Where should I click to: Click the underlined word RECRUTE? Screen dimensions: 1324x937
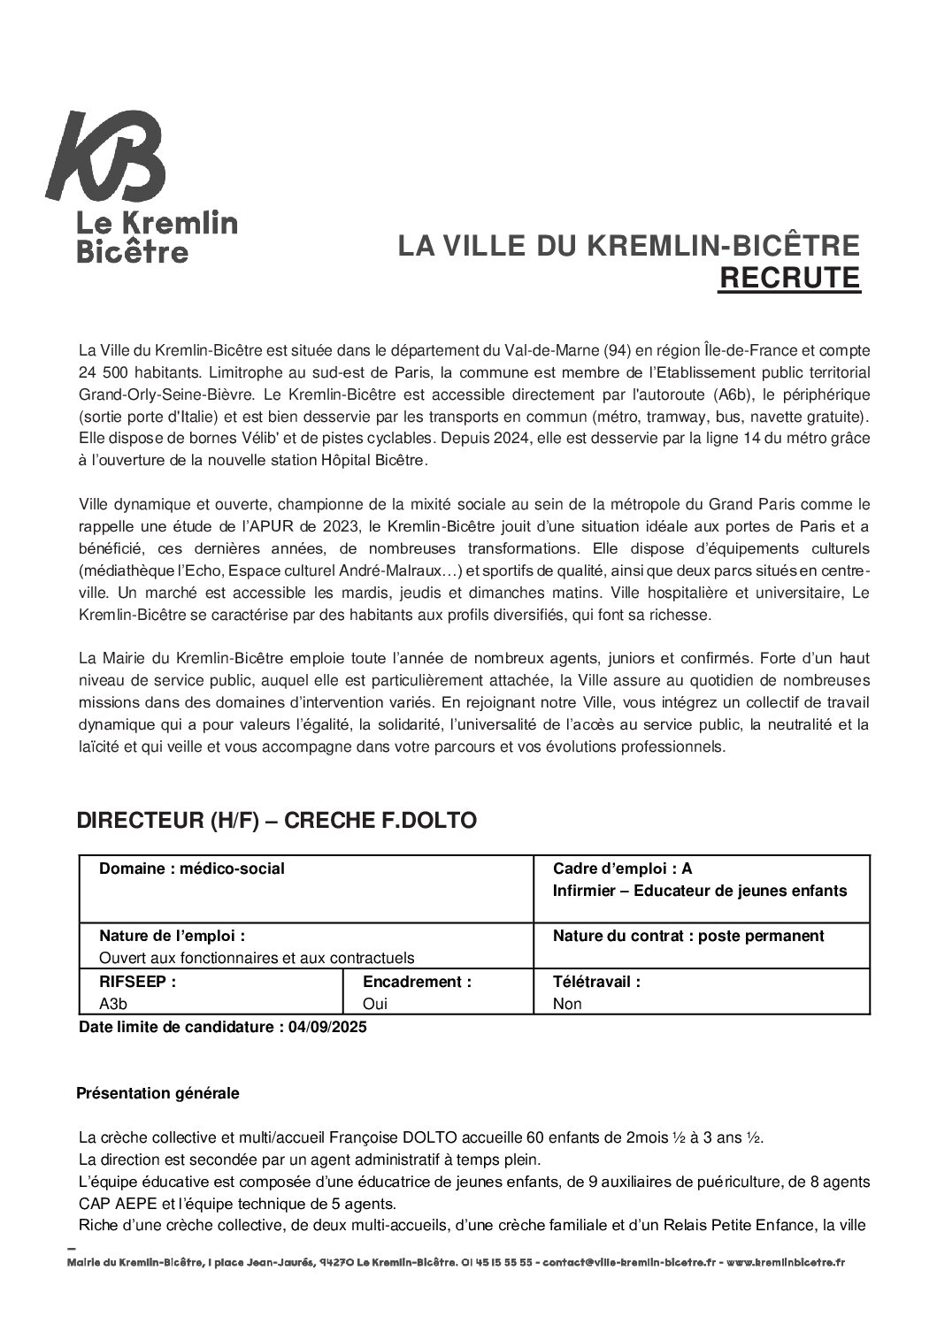789,278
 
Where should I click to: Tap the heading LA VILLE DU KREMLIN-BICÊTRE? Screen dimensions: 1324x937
628,245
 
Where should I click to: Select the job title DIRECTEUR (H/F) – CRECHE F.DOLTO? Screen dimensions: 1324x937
277,820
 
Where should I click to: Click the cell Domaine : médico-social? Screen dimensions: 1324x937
192,869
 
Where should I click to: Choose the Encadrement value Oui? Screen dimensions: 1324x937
375,1004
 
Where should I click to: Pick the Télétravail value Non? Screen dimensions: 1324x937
567,1004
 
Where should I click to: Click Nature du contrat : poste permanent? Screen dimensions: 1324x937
688,936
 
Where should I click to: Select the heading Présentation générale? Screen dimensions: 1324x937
157,1093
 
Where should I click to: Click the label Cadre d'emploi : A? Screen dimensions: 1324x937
622,869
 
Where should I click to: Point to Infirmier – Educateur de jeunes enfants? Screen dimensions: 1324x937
699,891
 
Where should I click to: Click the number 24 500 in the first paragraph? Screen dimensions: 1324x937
104,371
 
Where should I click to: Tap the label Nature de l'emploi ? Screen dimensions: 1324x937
173,936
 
